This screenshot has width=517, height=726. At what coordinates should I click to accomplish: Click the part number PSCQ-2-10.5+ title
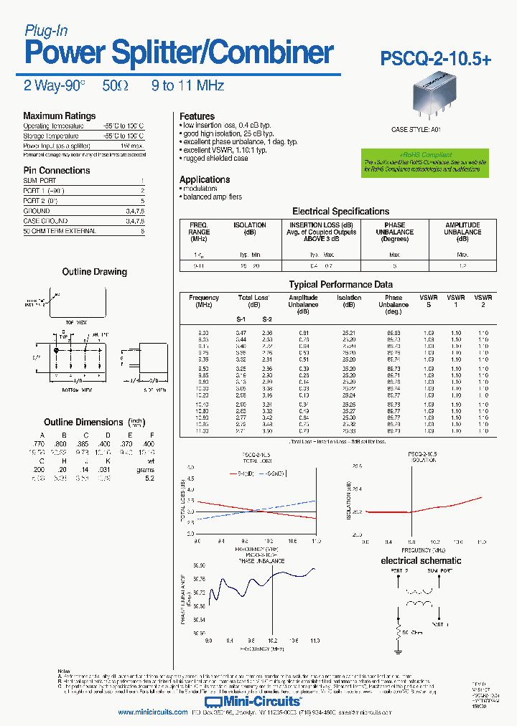(436, 60)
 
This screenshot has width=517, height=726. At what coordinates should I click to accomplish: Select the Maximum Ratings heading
(59, 115)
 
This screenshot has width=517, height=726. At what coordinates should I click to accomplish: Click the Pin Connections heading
(57, 170)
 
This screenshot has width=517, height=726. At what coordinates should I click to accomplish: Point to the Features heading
(197, 116)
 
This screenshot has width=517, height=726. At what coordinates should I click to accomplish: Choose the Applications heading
(205, 179)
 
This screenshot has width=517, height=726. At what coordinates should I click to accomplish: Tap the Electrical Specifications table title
(340, 212)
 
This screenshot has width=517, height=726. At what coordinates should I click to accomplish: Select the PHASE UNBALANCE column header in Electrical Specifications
(394, 232)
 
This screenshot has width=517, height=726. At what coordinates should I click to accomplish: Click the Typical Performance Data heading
(340, 285)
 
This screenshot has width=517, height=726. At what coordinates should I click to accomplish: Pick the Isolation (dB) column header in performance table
(349, 301)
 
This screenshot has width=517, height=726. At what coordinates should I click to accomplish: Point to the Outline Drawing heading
(94, 272)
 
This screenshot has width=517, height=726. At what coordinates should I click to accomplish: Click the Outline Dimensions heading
(83, 423)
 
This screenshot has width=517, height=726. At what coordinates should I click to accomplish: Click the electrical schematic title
(421, 560)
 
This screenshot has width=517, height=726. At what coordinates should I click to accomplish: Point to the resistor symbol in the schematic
(396, 631)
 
